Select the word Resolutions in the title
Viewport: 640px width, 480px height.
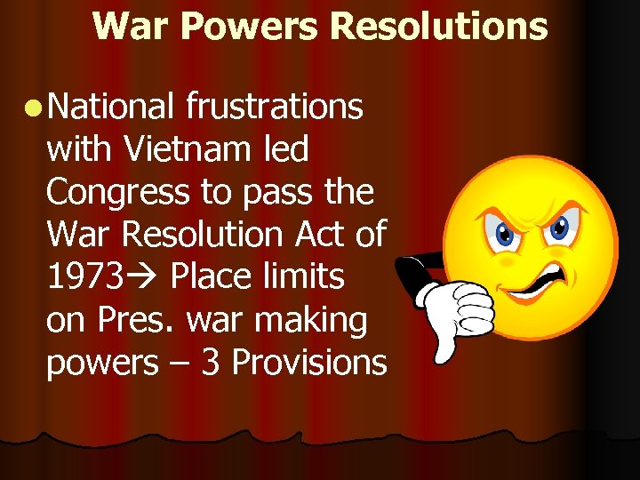[x=438, y=26]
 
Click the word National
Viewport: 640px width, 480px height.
[x=110, y=107]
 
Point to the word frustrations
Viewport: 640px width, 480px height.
[x=275, y=107]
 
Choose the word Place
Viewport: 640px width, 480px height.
[x=212, y=277]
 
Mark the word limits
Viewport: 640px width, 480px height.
[x=304, y=277]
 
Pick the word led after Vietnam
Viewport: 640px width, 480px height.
[x=285, y=149]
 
